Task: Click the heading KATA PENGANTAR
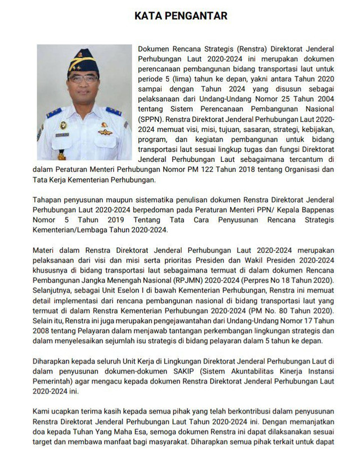tap(179, 16)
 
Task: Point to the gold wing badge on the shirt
tap(105, 131)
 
